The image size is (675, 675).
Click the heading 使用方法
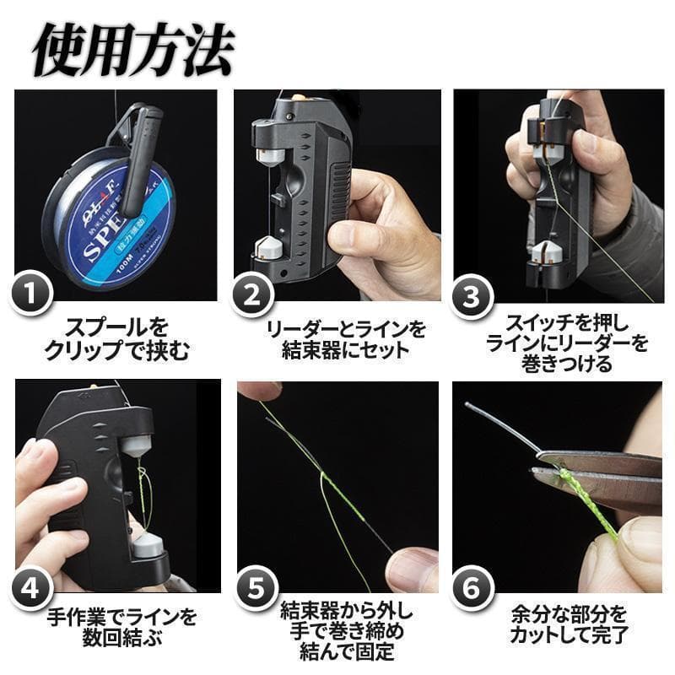coord(134,50)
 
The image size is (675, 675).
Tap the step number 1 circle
coord(31,294)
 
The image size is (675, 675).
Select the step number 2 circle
coord(252,294)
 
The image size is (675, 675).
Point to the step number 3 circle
coord(472,297)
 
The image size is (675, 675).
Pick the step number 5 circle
coord(256,588)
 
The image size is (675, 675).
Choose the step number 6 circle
coord(472,587)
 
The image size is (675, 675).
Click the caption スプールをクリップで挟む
coord(116,339)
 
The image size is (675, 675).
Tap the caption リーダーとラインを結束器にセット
coord(346,340)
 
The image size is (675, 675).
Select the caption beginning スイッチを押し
coord(567,343)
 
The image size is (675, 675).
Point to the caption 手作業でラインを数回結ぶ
coord(121,626)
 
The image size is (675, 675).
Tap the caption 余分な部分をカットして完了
coord(568,624)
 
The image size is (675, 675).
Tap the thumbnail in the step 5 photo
coord(410,569)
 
